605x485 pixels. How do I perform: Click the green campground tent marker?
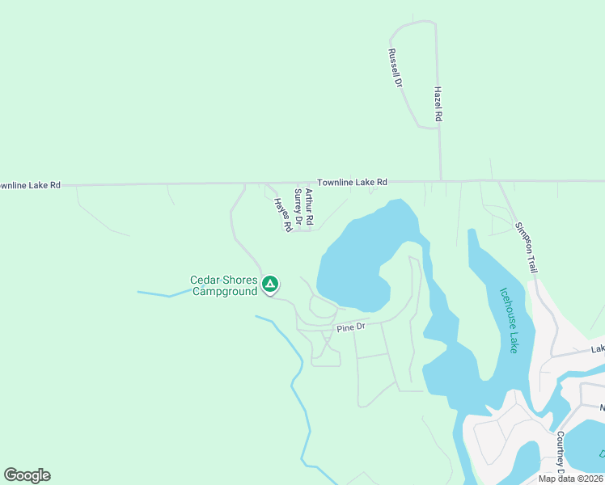point(270,284)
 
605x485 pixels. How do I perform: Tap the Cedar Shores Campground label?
point(223,286)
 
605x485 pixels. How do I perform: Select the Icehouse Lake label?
point(507,321)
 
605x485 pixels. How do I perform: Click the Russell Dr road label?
point(395,68)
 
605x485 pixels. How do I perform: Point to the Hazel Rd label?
point(438,104)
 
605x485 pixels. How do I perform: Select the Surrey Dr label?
point(298,209)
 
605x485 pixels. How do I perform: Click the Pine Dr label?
point(351,327)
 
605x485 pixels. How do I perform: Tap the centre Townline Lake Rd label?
point(352,183)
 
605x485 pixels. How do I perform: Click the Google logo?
point(27,475)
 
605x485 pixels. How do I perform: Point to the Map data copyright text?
point(570,479)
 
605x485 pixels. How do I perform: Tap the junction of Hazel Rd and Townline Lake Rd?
point(441,180)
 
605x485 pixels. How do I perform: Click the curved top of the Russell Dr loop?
point(412,24)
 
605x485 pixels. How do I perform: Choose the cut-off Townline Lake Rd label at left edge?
point(31,185)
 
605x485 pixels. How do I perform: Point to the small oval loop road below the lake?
point(322,308)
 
